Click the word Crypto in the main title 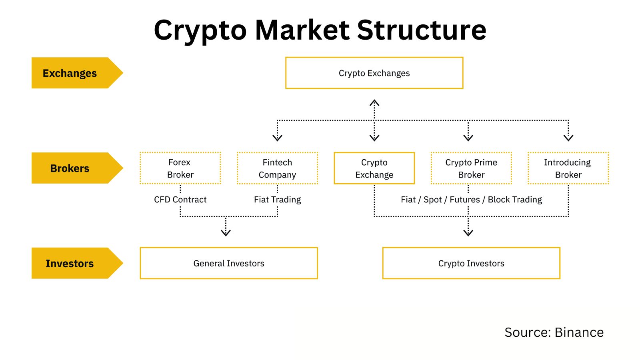(200, 30)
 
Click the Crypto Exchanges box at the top (374, 73)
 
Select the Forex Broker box (180, 168)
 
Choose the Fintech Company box (277, 168)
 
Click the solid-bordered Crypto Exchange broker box (374, 168)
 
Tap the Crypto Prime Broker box (471, 168)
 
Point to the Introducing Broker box (568, 168)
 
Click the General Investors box (228, 263)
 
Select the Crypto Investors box (471, 263)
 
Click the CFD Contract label (180, 199)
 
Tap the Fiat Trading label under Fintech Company (277, 199)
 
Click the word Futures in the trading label (464, 199)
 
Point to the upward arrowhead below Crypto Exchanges (374, 103)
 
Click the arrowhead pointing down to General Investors (226, 233)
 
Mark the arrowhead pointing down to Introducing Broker (568, 138)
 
